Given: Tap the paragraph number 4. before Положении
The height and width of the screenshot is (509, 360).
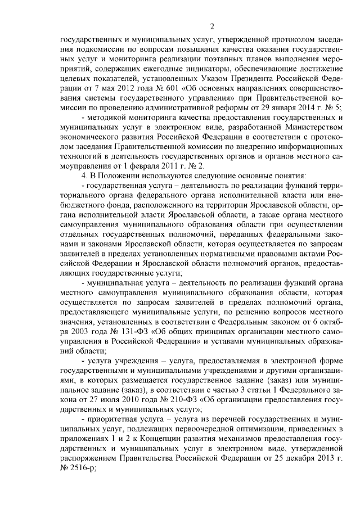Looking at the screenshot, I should (x=85, y=175).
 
